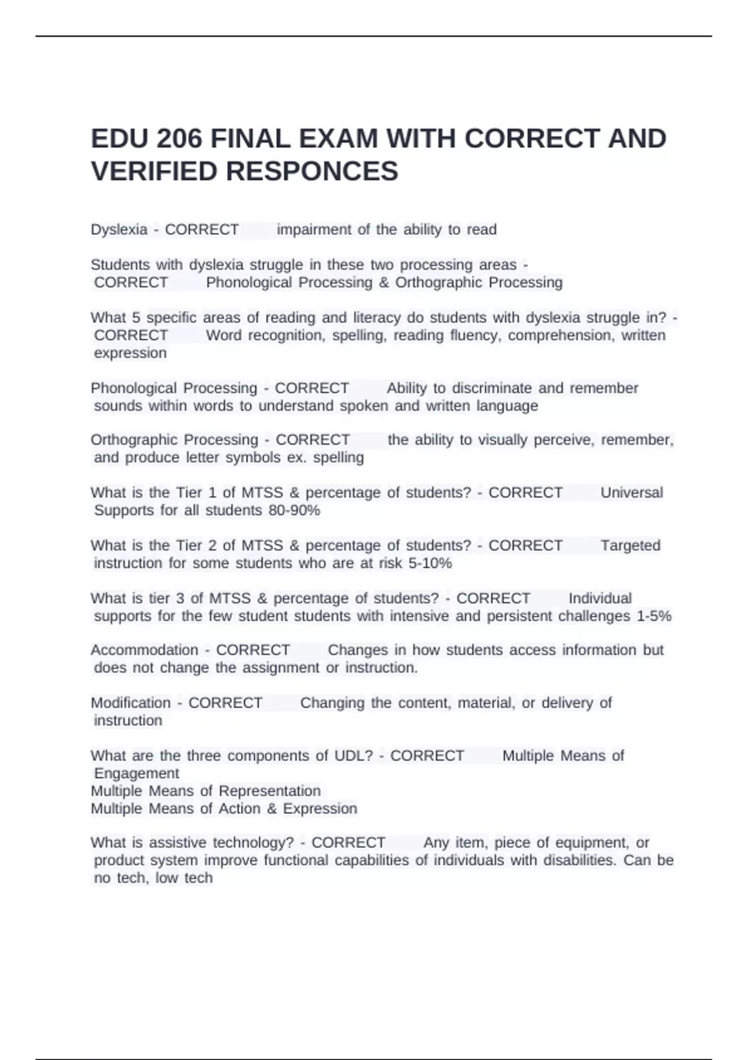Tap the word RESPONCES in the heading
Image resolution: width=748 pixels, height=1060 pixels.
pyautogui.click(x=312, y=171)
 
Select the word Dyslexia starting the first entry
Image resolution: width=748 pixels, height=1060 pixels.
pyautogui.click(x=119, y=229)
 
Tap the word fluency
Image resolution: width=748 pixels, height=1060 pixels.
pyautogui.click(x=477, y=335)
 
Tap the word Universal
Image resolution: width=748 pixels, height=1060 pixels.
pyautogui.click(x=631, y=493)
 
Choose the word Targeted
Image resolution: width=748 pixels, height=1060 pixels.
pyautogui.click(x=630, y=546)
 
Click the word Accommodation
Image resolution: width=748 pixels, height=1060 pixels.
pyautogui.click(x=144, y=650)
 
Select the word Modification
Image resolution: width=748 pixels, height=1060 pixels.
pyautogui.click(x=130, y=703)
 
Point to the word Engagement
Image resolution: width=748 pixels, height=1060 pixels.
pyautogui.click(x=137, y=773)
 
